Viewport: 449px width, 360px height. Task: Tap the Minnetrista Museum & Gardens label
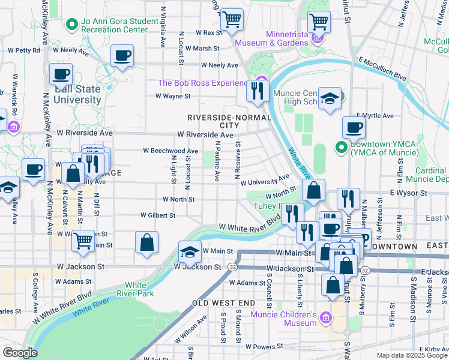click(x=271, y=38)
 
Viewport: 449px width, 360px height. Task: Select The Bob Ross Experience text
click(x=202, y=83)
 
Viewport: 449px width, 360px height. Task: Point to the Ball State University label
click(x=77, y=95)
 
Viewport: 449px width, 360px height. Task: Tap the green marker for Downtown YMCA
click(x=341, y=146)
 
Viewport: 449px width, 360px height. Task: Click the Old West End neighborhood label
click(x=223, y=304)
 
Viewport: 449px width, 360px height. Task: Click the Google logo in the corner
click(x=19, y=353)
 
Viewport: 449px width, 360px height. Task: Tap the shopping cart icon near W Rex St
click(x=231, y=19)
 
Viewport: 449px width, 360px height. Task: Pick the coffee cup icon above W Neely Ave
click(x=122, y=56)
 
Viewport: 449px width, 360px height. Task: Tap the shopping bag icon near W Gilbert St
click(x=146, y=242)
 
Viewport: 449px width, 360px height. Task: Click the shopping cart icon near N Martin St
click(x=83, y=241)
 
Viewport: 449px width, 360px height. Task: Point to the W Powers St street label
click(x=264, y=347)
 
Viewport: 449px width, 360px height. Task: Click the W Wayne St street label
click(x=173, y=95)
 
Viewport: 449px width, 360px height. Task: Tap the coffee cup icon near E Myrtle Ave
click(x=354, y=127)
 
